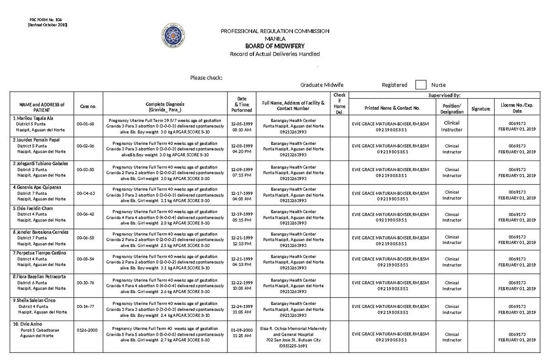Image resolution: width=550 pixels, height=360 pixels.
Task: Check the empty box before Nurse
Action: tap(420, 85)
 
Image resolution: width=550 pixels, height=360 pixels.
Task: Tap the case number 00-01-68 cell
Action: tap(85, 124)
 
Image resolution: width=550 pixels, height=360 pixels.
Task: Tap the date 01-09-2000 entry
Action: tap(242, 332)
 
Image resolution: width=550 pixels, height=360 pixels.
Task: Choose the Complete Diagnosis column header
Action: tap(165, 107)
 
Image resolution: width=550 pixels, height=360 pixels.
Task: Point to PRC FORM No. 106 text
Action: tap(45, 20)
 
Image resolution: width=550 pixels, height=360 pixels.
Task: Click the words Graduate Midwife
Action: tap(322, 85)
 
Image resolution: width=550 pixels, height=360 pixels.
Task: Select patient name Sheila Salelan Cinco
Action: tap(40, 300)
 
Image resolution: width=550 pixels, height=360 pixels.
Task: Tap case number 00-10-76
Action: tap(85, 282)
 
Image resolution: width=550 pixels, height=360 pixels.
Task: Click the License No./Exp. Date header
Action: tap(517, 108)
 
